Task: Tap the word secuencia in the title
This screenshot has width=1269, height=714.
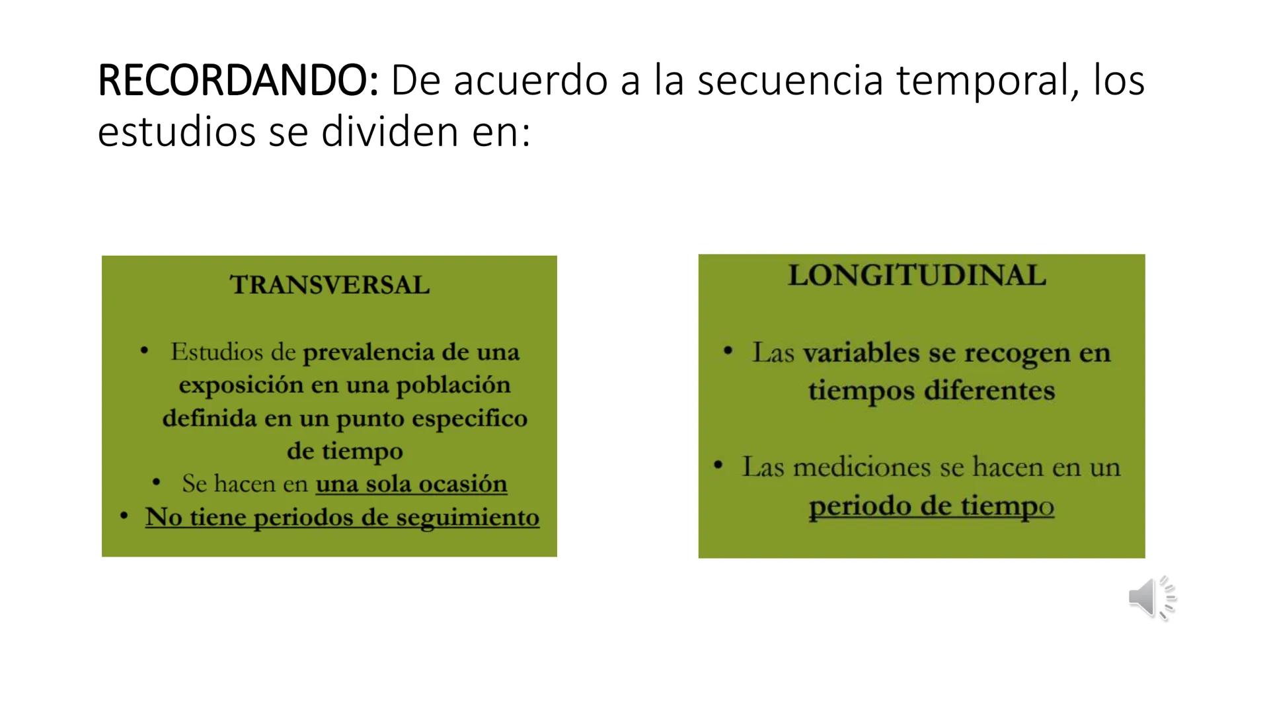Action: click(790, 81)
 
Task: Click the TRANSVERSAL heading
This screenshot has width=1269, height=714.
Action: click(330, 286)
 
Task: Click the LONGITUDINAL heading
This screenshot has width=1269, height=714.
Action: click(917, 276)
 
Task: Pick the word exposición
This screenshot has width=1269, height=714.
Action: click(241, 385)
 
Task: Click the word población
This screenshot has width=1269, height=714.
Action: click(453, 385)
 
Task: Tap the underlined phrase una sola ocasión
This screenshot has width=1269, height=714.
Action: click(411, 484)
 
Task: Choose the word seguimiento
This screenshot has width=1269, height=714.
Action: click(468, 517)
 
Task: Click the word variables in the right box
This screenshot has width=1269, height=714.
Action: click(861, 353)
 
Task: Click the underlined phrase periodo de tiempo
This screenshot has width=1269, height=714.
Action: click(931, 506)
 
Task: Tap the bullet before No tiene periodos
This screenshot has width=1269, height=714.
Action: click(124, 516)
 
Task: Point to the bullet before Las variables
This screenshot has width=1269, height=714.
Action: click(728, 350)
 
